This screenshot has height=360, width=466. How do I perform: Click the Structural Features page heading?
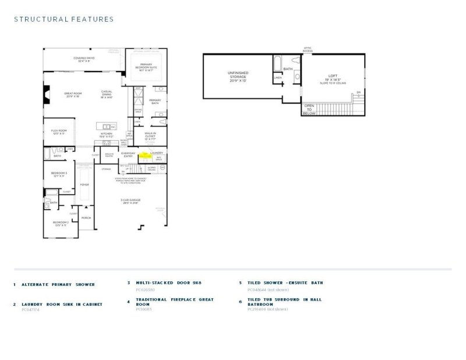63,19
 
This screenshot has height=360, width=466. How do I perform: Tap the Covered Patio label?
84,59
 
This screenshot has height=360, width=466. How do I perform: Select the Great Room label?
72,96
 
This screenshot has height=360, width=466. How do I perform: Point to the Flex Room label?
59,132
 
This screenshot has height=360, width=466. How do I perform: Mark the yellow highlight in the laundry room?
144,156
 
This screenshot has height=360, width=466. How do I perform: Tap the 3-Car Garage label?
129,202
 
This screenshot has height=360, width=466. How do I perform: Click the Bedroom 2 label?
61,224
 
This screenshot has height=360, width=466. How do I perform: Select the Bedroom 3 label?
59,174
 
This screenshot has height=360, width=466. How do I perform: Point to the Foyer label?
84,185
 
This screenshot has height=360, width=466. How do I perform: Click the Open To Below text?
309,110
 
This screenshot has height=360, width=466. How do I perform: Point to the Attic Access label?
308,50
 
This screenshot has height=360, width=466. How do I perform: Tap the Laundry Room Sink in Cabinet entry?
62,304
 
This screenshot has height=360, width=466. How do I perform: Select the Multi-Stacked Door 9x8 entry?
168,283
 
